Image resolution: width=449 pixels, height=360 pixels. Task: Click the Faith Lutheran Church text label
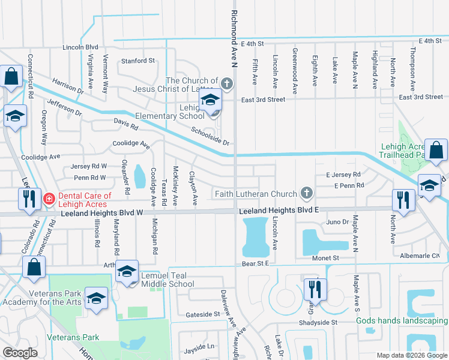point(256,194)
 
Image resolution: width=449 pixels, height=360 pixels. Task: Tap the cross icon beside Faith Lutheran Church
point(306,193)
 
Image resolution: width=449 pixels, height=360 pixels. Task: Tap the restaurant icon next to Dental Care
point(28,197)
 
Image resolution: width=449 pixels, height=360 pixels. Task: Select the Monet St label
point(326,257)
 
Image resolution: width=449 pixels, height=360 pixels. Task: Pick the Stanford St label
point(137,61)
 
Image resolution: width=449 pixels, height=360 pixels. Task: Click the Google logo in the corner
point(20,353)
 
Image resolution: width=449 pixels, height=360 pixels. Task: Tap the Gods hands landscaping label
point(402,320)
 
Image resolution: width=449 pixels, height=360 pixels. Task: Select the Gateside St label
point(202,314)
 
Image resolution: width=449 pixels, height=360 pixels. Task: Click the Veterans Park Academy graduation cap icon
point(95,298)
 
